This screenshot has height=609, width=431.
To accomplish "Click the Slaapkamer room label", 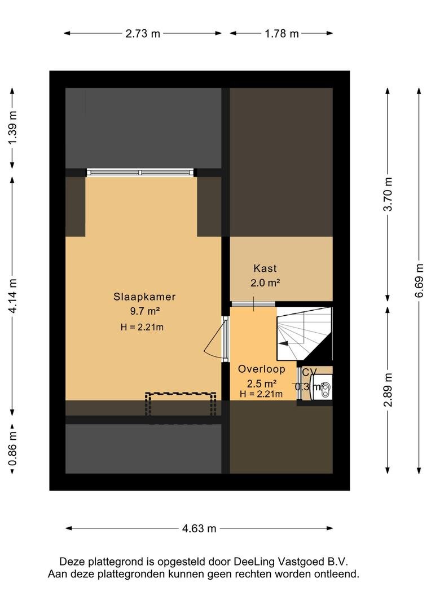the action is tap(144, 297).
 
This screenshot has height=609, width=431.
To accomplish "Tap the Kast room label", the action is tap(265, 268).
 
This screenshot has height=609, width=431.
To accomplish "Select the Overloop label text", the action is tap(262, 369).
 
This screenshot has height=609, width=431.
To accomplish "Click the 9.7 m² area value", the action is tap(144, 311).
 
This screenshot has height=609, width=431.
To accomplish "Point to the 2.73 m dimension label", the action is tap(143, 34).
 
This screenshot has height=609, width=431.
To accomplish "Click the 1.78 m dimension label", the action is tap(282, 34).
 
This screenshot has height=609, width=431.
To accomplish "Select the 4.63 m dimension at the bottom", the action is tap(199, 528).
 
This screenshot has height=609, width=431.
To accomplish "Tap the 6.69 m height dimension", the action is tap(419, 280).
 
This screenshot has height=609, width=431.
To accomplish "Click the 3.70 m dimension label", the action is tap(388, 194).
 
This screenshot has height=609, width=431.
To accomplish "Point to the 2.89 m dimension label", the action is tap(388, 390).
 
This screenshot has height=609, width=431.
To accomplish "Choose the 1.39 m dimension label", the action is tap(13, 127).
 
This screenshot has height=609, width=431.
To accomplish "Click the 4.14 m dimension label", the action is tap(13, 296).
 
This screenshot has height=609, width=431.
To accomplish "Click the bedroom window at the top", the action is tap(140, 173).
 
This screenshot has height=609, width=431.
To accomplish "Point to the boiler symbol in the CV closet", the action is tap(325, 386).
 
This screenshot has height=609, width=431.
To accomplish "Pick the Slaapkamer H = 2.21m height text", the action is tap(142, 327).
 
